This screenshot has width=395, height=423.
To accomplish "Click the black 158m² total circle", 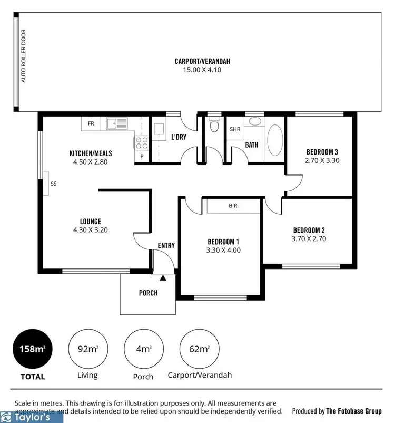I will (x=31, y=349).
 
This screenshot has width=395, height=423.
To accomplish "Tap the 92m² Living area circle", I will (x=87, y=349).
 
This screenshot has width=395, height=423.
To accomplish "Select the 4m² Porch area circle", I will (x=142, y=349).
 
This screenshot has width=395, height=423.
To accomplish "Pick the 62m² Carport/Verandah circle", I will (x=199, y=349).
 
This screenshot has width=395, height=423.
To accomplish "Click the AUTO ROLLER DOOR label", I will (x=23, y=63).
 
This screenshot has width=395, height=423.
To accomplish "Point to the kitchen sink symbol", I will (x=116, y=124).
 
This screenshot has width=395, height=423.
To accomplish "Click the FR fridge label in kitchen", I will (x=91, y=124).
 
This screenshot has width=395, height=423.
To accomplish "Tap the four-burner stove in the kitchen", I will (x=142, y=141).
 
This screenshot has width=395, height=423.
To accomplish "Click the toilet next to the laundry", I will (x=213, y=126).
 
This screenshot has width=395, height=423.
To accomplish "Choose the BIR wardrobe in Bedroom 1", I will (x=233, y=206).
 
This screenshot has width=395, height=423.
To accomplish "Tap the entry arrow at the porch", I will (x=163, y=277).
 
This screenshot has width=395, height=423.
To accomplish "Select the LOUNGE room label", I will (x=90, y=222).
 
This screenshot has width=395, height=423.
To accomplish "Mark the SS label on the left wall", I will (x=54, y=184).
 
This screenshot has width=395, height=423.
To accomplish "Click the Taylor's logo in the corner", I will (x=32, y=417).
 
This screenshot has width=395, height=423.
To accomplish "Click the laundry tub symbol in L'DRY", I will (x=159, y=130).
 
